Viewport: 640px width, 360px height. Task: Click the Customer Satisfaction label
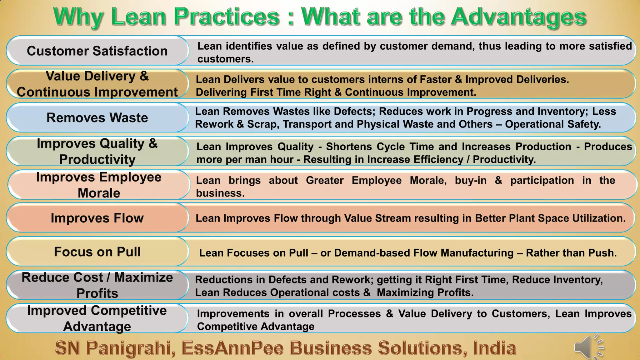tap(97, 51)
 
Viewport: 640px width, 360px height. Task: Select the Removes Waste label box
tap(97, 118)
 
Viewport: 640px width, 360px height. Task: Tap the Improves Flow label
tap(97, 218)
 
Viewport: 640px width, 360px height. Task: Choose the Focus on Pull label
tap(97, 252)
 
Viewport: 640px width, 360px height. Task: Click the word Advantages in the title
tap(519, 17)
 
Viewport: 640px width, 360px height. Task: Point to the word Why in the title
tap(78, 17)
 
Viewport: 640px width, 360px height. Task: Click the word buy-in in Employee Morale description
tap(471, 181)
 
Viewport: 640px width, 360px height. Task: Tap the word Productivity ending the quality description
tap(504, 160)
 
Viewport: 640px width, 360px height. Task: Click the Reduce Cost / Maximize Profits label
tap(97, 285)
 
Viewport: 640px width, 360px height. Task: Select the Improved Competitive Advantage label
tap(97, 318)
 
